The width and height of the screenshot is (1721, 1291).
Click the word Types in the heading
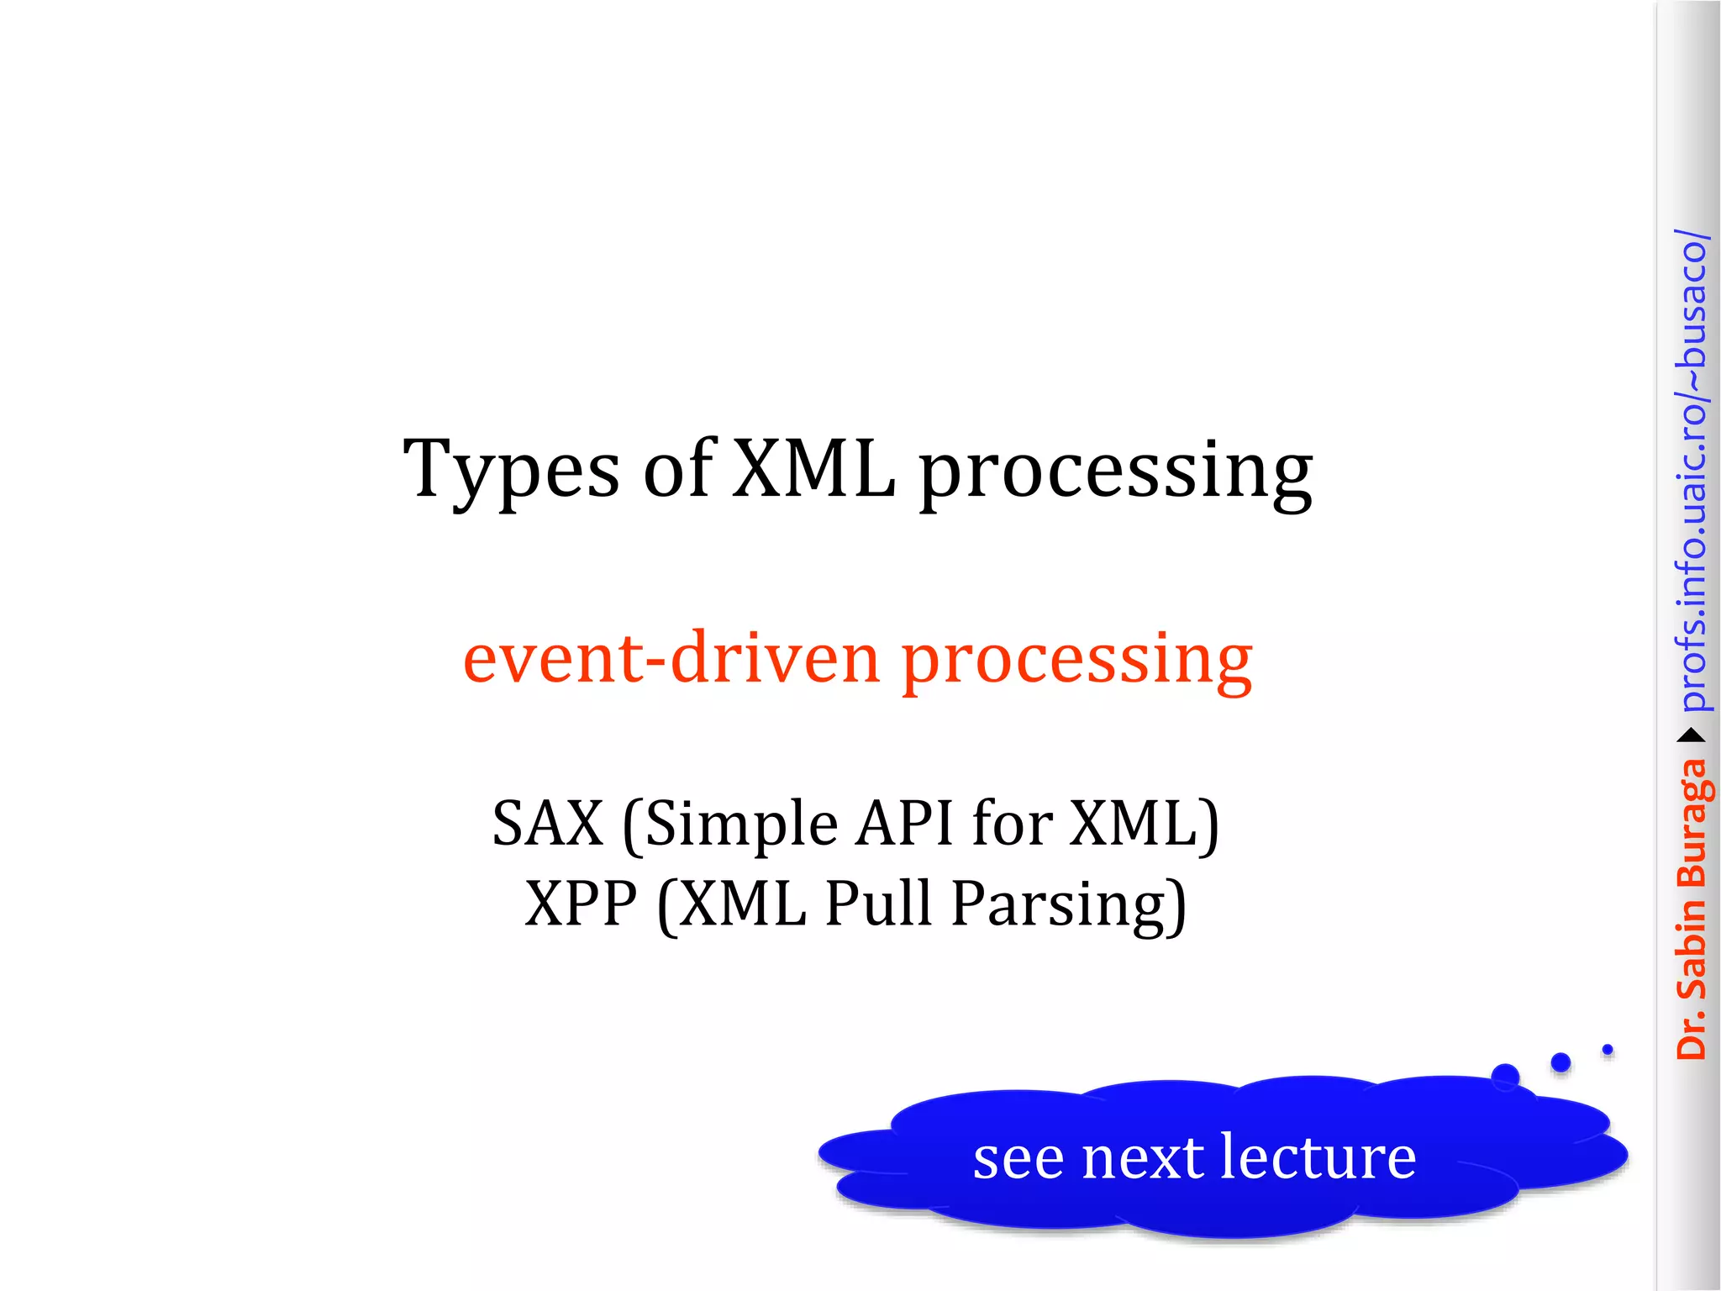(511, 471)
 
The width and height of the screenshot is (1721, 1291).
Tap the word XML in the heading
(813, 469)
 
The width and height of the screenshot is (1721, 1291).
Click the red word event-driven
(671, 658)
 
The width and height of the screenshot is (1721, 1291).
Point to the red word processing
(1076, 660)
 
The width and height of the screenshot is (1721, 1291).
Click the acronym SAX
(548, 823)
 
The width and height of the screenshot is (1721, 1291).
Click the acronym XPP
(581, 904)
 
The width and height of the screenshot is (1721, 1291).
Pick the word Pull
(878, 904)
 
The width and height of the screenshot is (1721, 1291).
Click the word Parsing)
(1069, 905)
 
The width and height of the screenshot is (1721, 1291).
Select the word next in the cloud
(1143, 1158)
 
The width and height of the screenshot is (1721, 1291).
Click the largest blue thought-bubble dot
(1505, 1077)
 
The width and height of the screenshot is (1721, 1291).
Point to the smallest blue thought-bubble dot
(1608, 1050)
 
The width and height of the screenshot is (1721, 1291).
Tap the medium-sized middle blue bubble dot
(1560, 1062)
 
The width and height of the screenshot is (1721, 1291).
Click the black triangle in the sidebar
(1691, 736)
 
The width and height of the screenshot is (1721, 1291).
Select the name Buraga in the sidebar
(1692, 823)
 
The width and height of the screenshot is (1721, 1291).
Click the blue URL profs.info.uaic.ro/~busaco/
(1692, 471)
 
